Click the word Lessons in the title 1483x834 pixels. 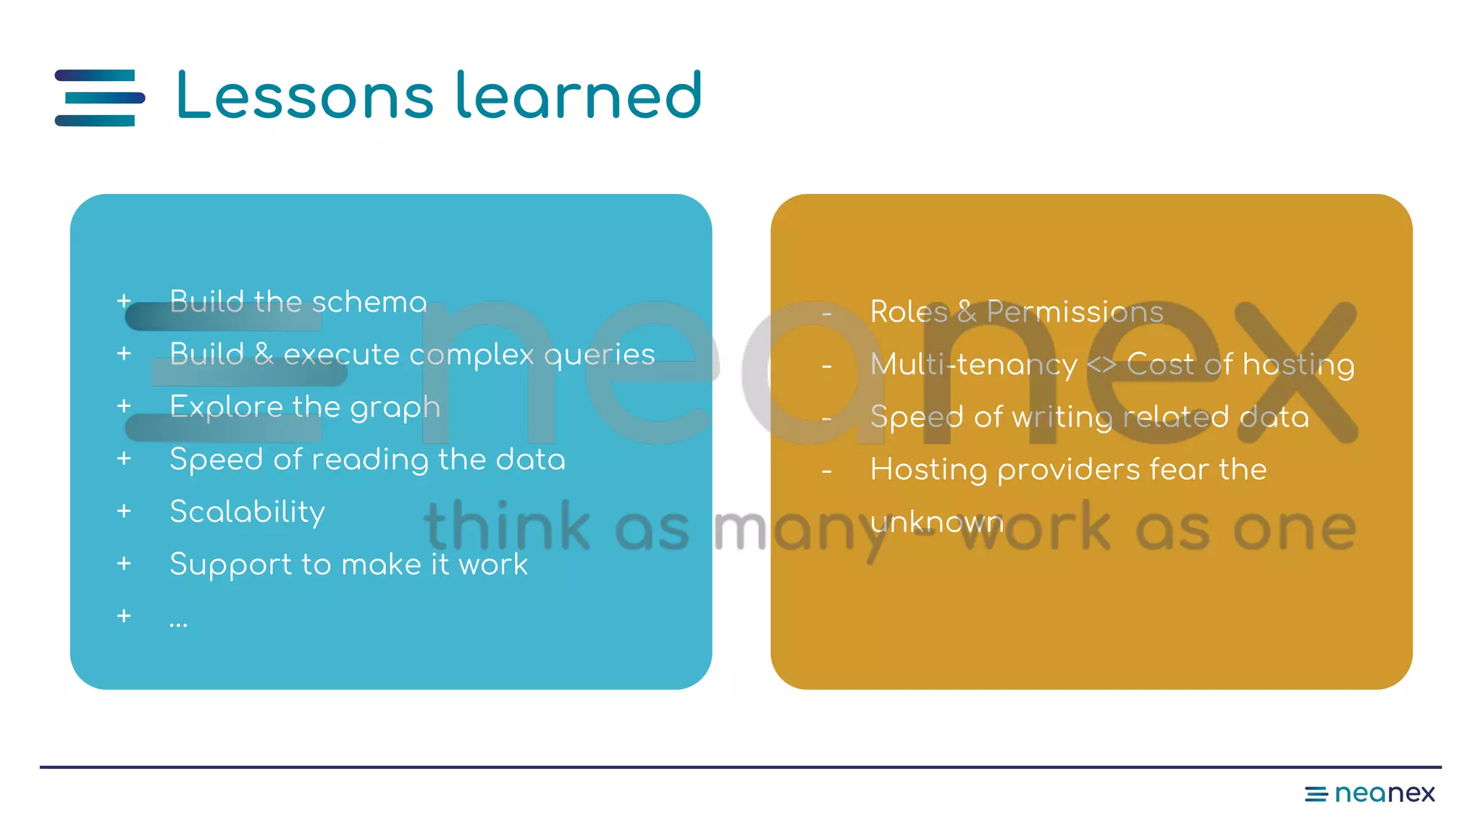(x=305, y=96)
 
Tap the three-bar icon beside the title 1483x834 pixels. (x=100, y=98)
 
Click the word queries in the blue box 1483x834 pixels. (x=599, y=355)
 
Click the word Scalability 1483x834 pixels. (x=247, y=512)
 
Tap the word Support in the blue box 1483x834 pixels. (x=230, y=565)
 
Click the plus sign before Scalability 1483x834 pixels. (x=124, y=511)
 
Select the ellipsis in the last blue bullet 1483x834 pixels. (x=178, y=622)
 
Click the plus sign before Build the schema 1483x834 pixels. (x=124, y=300)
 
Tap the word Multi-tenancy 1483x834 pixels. (x=973, y=364)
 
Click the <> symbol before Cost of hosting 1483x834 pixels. (x=1101, y=364)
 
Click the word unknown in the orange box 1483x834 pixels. (x=936, y=522)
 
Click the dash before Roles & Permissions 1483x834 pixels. (x=826, y=313)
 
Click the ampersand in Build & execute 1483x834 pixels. (x=264, y=355)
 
